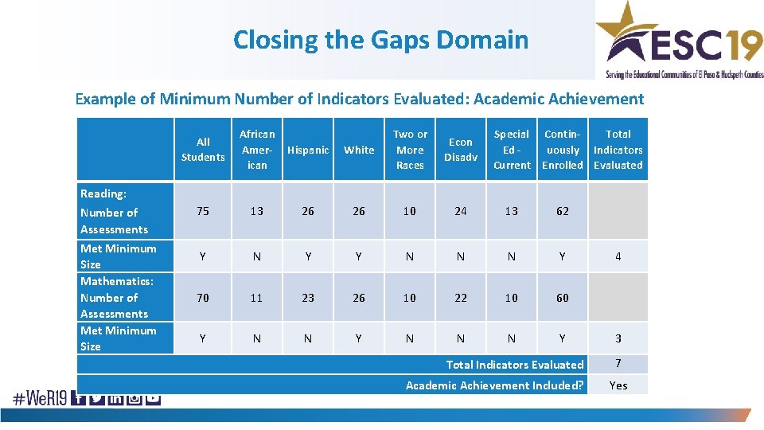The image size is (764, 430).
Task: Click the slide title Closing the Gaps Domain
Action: point(380,39)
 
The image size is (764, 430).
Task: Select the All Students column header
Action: point(203,150)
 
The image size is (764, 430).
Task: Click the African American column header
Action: point(257,150)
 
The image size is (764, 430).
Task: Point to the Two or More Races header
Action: point(410,150)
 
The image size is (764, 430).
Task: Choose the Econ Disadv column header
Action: point(461,150)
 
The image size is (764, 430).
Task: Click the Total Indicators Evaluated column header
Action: point(618,150)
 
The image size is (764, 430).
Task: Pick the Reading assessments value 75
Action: point(203,211)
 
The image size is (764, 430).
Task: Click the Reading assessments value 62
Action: point(563,211)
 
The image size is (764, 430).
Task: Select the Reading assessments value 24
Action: point(461,211)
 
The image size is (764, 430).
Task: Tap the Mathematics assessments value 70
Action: point(203,298)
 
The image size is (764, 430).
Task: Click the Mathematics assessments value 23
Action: point(308,298)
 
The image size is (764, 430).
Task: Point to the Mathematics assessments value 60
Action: point(563,298)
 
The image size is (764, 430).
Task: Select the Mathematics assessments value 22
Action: point(461,298)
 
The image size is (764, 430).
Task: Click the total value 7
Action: point(618,364)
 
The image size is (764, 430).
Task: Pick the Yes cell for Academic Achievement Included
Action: point(618,385)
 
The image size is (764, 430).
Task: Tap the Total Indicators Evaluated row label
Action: point(514,365)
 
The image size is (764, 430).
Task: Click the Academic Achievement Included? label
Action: point(494,385)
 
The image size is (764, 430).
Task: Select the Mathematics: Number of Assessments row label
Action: point(117,298)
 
